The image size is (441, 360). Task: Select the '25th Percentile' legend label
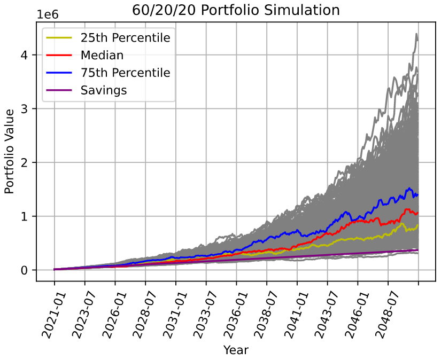click(x=125, y=38)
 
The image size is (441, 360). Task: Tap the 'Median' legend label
click(x=102, y=56)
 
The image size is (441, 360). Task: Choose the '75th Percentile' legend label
click(x=125, y=73)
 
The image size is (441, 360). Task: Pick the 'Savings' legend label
click(x=104, y=90)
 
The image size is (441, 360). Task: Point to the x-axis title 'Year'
click(x=236, y=350)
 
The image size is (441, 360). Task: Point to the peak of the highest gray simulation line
click(x=416, y=34)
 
